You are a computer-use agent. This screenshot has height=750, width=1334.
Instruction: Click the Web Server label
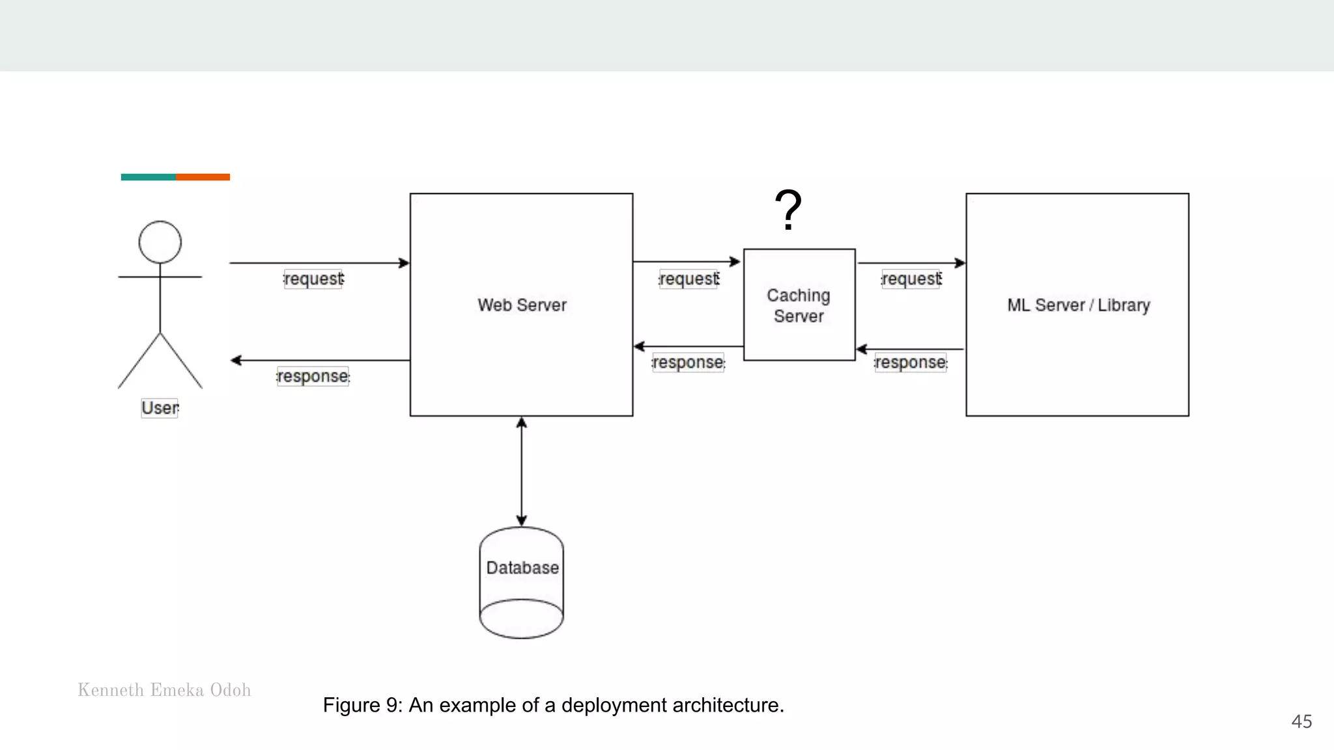pos(522,305)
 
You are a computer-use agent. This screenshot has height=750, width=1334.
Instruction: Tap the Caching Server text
pos(799,305)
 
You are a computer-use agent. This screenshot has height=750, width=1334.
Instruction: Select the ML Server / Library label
pos(1078,305)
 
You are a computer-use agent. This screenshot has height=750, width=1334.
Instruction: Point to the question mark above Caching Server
pos(788,210)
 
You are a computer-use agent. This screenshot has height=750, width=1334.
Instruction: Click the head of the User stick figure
pos(160,242)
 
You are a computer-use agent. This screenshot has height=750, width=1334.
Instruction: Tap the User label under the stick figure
pos(160,408)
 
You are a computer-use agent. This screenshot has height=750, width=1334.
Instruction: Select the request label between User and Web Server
pos(313,279)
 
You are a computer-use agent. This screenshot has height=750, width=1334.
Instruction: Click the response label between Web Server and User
pos(313,376)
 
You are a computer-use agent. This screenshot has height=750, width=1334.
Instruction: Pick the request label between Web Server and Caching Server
pos(689,279)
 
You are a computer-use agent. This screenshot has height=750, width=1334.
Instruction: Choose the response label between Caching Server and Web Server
pos(688,362)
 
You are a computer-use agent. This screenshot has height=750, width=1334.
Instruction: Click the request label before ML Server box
pos(911,279)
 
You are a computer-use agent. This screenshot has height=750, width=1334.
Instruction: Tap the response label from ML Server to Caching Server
pos(911,362)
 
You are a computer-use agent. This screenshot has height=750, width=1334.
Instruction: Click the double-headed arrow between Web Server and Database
pos(522,471)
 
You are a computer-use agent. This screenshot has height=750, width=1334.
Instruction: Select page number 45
pos(1301,721)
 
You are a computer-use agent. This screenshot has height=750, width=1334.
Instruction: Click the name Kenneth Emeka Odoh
pos(164,690)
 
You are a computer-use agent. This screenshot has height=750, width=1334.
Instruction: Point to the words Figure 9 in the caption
pos(362,705)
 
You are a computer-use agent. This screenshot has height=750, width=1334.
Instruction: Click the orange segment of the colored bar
pos(203,177)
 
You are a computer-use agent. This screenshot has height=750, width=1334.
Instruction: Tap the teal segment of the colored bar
pos(148,177)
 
